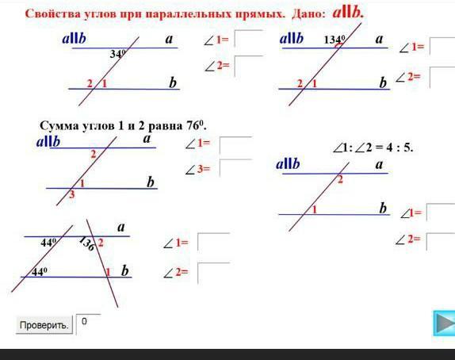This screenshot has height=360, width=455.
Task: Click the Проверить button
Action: (44, 325)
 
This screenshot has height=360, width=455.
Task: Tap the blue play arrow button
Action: (444, 324)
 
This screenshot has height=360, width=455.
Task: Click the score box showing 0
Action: (88, 324)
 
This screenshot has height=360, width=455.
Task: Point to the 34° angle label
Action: (118, 54)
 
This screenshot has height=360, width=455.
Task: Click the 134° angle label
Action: (335, 39)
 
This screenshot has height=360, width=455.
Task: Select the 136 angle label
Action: (86, 243)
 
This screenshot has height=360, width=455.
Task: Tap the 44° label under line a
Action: (48, 242)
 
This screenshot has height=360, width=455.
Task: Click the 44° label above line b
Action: (39, 272)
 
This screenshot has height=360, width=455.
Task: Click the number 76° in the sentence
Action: (196, 126)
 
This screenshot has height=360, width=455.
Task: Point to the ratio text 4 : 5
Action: (400, 147)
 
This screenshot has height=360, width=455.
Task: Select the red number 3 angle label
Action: (72, 194)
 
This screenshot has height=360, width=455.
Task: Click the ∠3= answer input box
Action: (235, 168)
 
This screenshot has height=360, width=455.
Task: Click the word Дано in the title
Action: (308, 14)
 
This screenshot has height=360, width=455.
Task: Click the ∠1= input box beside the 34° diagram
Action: (248, 39)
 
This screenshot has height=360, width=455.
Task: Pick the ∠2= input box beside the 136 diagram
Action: (213, 273)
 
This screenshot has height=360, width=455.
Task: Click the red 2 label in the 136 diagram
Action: (101, 243)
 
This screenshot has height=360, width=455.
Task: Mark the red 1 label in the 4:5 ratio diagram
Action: (314, 209)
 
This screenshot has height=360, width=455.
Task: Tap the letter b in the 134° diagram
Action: (383, 82)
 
